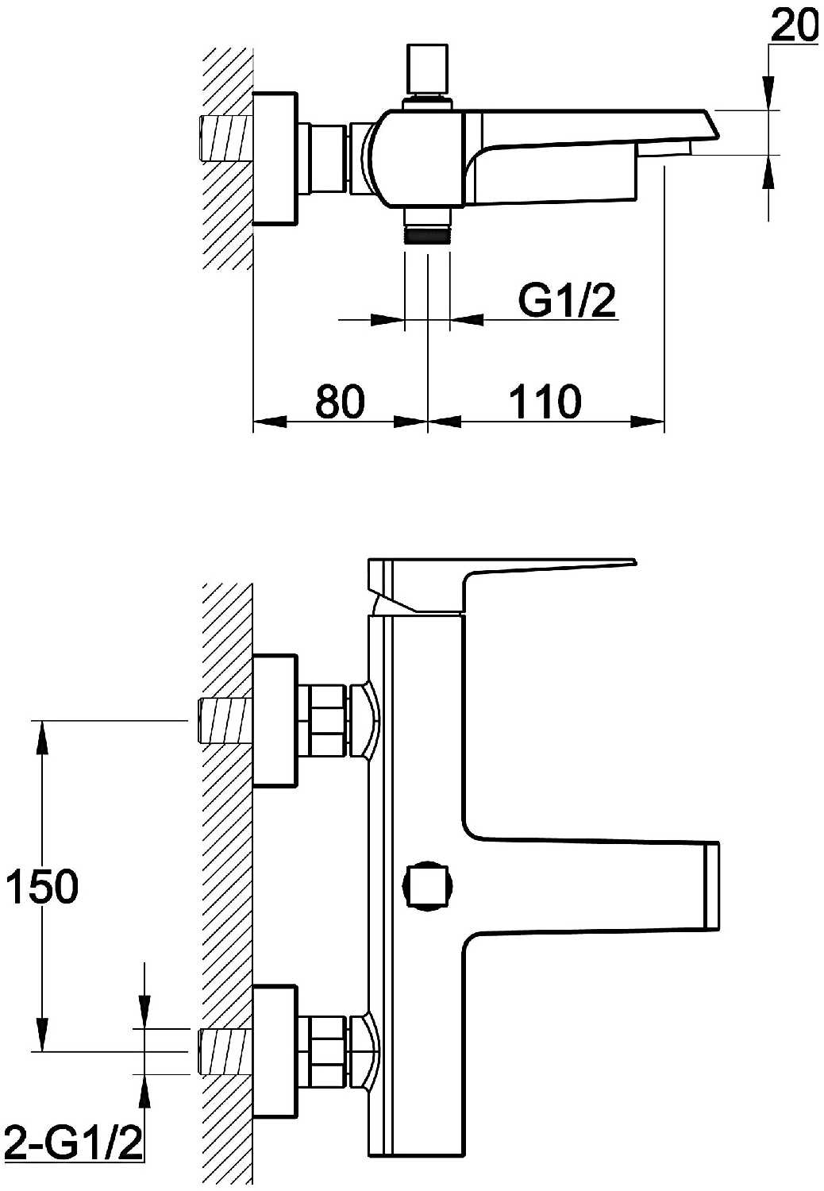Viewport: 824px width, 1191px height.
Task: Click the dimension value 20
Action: tap(794, 25)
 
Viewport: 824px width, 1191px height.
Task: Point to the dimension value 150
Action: tap(42, 886)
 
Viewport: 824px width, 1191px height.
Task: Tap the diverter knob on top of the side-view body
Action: tap(428, 68)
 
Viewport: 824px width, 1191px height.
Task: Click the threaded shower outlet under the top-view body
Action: tap(427, 226)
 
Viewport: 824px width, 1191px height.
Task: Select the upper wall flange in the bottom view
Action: tap(275, 720)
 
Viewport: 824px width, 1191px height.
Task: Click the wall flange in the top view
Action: tap(275, 159)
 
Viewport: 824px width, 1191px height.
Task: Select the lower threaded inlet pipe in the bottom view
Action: tap(225, 1052)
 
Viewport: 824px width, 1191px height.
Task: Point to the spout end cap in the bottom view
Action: tap(711, 886)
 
